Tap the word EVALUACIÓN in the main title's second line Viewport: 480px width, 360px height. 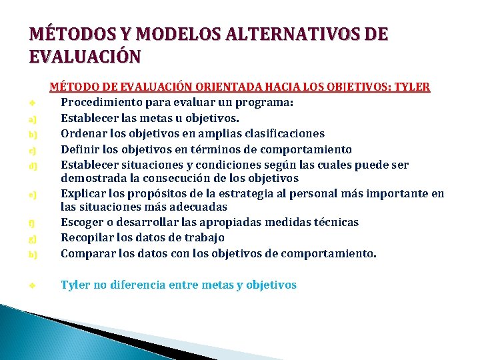pyautogui.click(x=85, y=56)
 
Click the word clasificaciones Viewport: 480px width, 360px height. pyautogui.click(x=283, y=133)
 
